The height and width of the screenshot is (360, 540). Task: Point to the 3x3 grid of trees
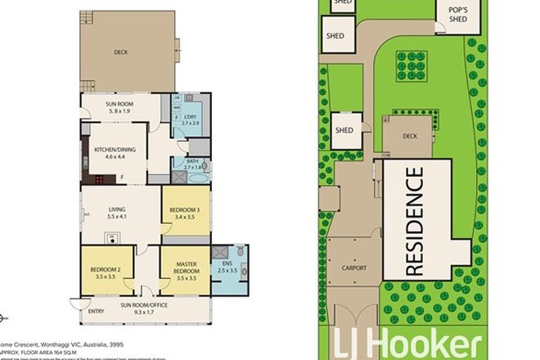click(407, 64)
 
